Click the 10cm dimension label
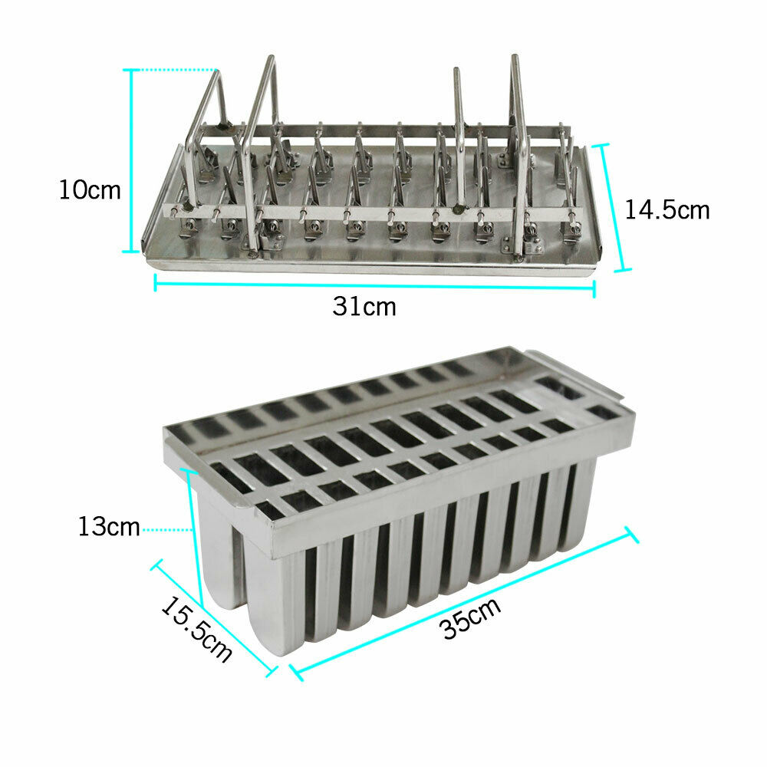[x=91, y=189]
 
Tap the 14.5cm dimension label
[x=667, y=209]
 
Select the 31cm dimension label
[x=364, y=307]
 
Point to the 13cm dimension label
[x=108, y=528]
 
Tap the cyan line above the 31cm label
[x=374, y=286]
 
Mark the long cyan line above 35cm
[x=464, y=602]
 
